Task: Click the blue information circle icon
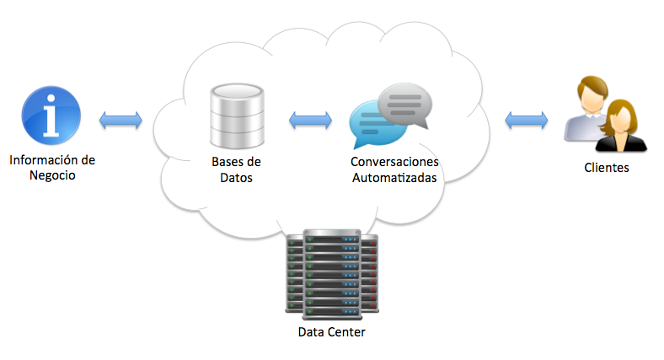51,116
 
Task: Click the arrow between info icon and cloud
120,120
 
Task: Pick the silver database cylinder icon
237,116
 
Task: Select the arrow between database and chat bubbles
310,121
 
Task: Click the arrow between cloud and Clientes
527,120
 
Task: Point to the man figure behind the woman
586,105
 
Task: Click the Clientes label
607,168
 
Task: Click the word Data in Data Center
312,332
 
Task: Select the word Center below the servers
347,332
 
